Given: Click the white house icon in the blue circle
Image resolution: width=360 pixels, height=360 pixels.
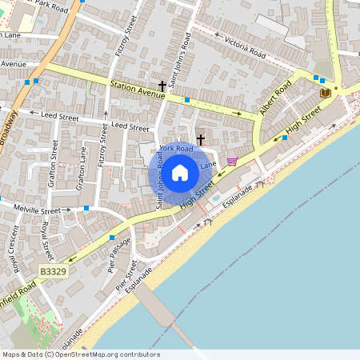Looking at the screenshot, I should [180, 172].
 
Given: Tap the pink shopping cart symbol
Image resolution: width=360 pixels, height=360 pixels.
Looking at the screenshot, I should [232, 161].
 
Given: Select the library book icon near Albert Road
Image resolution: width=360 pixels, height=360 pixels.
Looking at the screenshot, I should [325, 93].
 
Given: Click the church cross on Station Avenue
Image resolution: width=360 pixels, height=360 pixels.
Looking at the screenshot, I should [162, 86].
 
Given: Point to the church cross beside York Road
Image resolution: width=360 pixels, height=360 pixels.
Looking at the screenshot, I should [201, 139].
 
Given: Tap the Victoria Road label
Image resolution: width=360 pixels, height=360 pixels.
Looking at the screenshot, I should [245, 47].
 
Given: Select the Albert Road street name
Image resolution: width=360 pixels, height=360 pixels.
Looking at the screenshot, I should [274, 97].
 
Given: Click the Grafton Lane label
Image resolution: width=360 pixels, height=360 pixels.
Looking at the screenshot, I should [82, 167].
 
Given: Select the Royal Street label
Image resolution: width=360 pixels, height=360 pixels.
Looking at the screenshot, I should [46, 239].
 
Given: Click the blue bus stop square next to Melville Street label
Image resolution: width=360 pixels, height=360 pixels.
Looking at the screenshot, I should [86, 208].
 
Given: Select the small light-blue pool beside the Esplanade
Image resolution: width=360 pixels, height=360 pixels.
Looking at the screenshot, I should [215, 198].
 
